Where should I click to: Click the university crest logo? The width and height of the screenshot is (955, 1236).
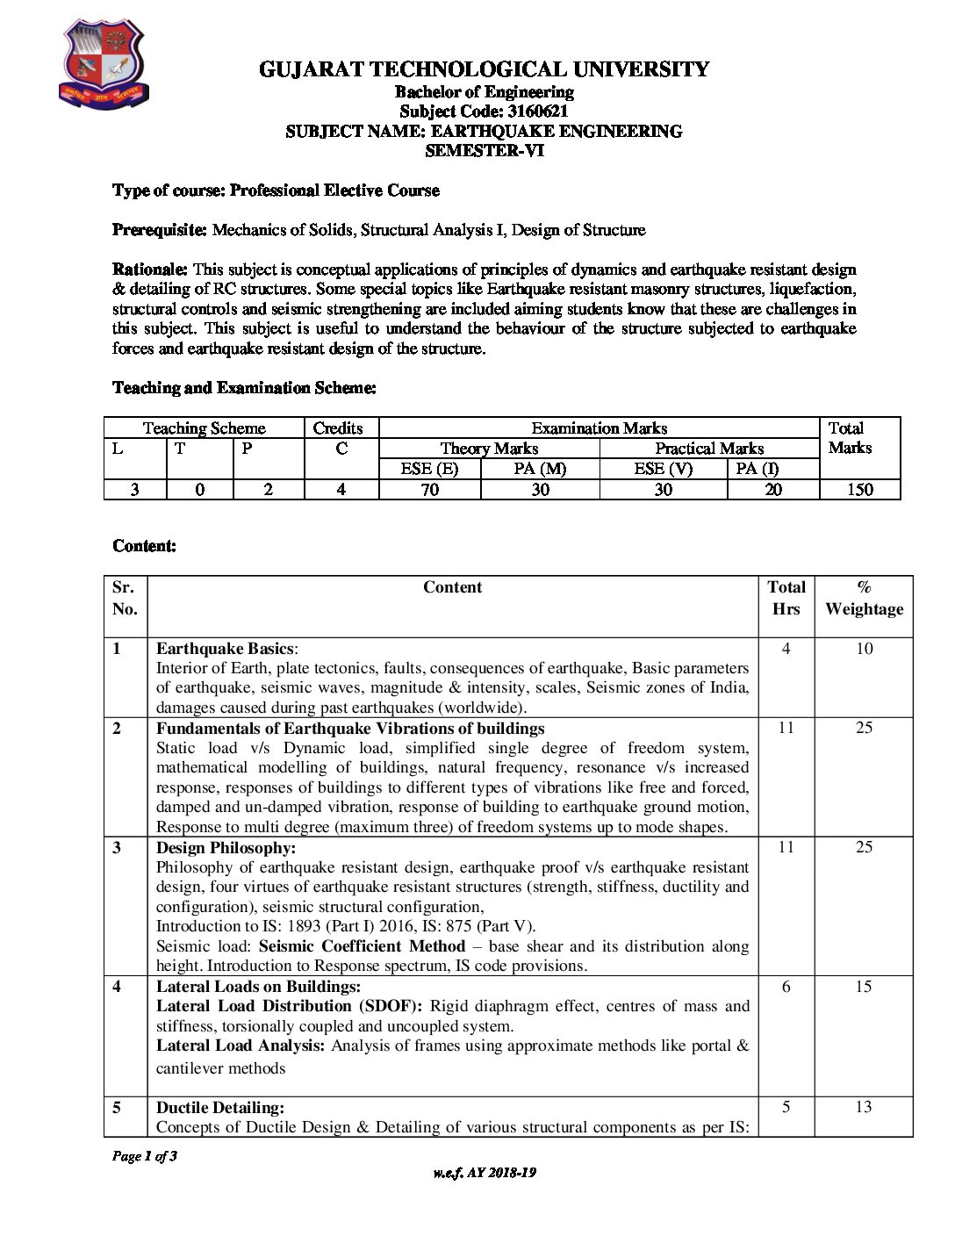(x=103, y=66)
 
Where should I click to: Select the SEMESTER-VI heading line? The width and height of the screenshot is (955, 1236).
(x=484, y=150)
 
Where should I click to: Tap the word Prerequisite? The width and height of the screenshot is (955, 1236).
(x=159, y=230)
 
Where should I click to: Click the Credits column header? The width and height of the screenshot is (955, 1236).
(x=338, y=428)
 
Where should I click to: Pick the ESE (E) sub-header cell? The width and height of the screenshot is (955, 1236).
(x=429, y=469)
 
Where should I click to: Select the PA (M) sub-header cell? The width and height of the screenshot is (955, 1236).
(x=540, y=469)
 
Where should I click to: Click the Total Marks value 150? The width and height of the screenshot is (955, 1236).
(x=859, y=490)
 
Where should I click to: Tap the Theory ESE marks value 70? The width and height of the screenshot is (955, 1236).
(x=429, y=490)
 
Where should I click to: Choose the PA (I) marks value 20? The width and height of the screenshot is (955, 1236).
(x=772, y=490)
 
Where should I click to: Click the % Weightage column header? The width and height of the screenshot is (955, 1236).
(x=864, y=598)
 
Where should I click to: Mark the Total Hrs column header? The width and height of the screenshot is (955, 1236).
(x=786, y=598)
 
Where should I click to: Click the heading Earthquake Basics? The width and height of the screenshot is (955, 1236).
(x=225, y=649)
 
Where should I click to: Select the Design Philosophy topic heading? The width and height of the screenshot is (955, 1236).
(x=226, y=847)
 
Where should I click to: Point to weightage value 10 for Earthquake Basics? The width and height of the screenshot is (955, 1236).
(x=864, y=649)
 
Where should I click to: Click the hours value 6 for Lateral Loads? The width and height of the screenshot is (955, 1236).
(x=786, y=987)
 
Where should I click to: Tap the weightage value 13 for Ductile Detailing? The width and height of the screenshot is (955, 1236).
(x=864, y=1107)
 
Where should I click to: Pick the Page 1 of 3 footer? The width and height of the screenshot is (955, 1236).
(x=145, y=1156)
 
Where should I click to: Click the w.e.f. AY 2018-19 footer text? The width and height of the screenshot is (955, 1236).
(x=484, y=1173)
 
